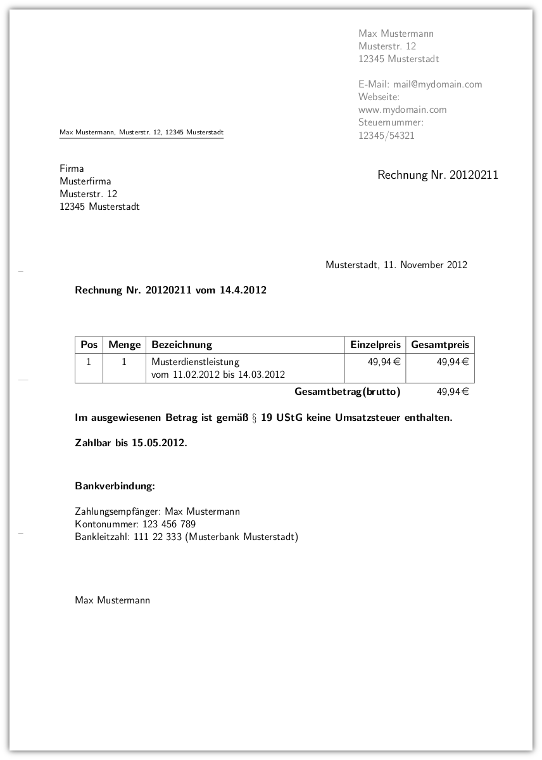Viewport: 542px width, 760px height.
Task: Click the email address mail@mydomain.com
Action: click(438, 84)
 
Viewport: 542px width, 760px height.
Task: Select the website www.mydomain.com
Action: click(402, 110)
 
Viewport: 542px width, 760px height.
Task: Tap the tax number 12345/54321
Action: click(386, 135)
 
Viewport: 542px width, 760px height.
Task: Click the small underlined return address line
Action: click(141, 132)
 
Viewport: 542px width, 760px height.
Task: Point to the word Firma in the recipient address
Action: click(72, 169)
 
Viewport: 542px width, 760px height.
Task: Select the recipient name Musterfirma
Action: click(85, 181)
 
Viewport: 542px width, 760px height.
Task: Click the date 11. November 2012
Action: click(425, 265)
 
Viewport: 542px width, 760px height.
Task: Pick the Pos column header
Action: click(89, 345)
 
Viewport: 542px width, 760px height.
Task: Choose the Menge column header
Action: click(124, 345)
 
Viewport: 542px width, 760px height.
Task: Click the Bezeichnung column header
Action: click(182, 345)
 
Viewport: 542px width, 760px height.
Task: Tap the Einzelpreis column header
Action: click(375, 345)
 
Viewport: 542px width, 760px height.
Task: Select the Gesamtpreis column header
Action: click(440, 345)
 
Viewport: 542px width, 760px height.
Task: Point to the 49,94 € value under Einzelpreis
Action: click(384, 362)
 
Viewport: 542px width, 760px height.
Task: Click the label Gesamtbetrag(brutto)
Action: click(348, 392)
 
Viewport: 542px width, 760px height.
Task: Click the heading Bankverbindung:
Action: click(115, 486)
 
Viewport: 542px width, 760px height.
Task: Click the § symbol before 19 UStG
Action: click(253, 418)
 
